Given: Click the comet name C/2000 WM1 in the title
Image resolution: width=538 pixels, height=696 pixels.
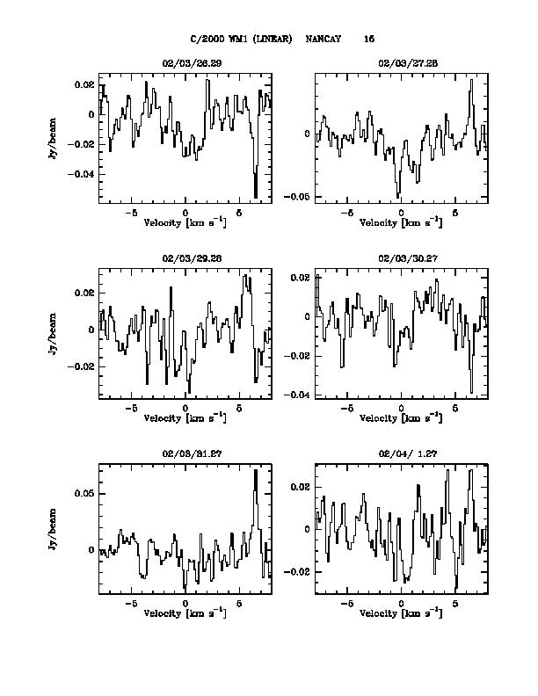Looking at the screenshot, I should tap(224, 40).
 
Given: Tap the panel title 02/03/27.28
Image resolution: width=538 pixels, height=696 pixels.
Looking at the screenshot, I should tap(401, 64).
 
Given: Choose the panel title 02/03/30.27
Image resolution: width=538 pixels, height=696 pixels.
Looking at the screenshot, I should tap(401, 259).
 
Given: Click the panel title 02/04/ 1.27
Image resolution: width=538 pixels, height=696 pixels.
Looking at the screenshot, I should tap(401, 454).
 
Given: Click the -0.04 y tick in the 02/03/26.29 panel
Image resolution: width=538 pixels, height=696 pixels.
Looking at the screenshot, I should tap(84, 174).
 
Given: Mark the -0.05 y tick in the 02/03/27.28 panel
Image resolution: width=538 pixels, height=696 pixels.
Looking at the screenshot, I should tap(302, 197).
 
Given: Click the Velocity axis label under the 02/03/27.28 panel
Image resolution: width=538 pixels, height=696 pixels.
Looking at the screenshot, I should tap(401, 222).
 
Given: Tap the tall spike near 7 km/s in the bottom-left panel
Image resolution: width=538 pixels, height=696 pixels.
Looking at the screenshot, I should tap(256, 472).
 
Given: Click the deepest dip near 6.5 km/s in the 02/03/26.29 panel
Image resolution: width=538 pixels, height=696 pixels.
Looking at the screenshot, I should tap(256, 196).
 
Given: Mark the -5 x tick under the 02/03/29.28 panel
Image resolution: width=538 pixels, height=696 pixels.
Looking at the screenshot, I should tap(131, 409).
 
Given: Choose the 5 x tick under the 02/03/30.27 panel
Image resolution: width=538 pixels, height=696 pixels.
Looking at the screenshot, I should tap(454, 409).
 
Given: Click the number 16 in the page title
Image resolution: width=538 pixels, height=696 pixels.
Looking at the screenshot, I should tap(369, 40).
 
